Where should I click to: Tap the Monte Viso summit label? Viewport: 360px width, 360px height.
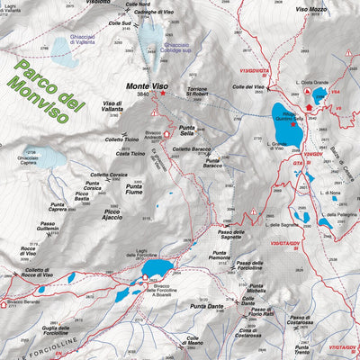click(x=148, y=87)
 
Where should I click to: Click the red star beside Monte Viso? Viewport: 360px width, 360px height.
click(x=163, y=94)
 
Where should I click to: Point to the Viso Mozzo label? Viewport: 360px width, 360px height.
click(x=312, y=9)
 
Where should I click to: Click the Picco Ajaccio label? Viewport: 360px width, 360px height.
click(x=112, y=215)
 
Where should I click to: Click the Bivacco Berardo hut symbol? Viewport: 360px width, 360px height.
click(x=6, y=301)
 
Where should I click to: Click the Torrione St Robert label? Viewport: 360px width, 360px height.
click(x=202, y=90)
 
